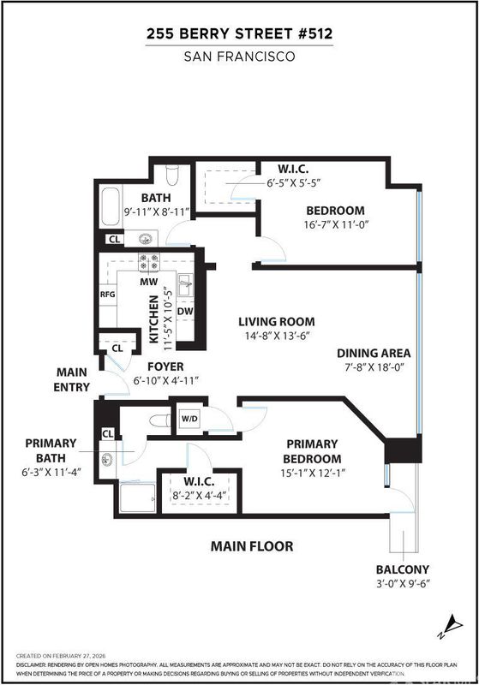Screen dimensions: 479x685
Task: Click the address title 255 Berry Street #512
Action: [240, 33]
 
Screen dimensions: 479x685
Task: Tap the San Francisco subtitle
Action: [240, 57]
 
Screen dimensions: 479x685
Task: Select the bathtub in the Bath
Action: [111, 207]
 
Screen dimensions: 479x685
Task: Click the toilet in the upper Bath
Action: [172, 175]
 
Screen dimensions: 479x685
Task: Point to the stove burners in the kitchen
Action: [148, 262]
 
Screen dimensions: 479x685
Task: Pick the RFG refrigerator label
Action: [107, 294]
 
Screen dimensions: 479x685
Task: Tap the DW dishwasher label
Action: [185, 312]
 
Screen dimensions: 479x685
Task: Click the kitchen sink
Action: [185, 285]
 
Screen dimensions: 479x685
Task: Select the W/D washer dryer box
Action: [189, 419]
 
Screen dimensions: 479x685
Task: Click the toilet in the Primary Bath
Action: [160, 421]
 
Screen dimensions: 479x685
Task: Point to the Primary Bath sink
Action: [106, 460]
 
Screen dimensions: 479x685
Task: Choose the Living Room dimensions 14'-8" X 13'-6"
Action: [276, 336]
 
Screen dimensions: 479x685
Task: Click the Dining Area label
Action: [374, 353]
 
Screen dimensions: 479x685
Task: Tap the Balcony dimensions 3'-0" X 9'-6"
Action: [403, 584]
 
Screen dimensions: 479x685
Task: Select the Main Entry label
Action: [72, 379]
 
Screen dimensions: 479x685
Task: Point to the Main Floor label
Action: [252, 546]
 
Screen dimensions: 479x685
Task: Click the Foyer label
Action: [165, 366]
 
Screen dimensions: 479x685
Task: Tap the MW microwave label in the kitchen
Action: [148, 282]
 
